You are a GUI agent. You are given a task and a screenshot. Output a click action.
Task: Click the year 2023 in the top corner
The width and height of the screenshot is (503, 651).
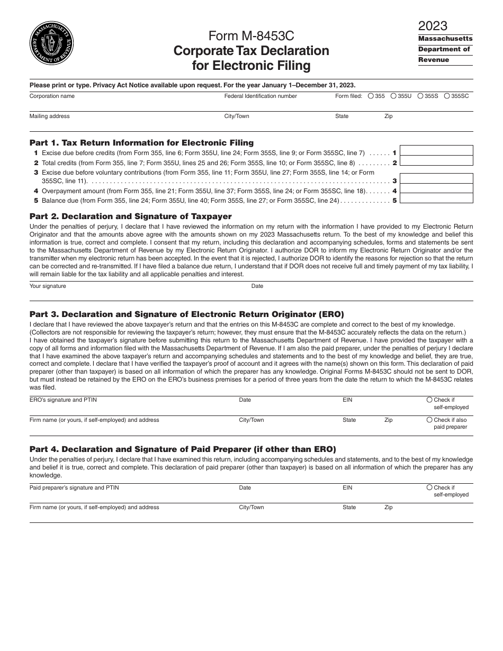[x=433, y=26]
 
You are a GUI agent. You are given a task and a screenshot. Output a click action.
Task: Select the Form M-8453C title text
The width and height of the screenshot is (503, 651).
[x=251, y=36]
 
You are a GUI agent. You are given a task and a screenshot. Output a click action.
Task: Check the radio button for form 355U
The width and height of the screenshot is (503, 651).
[x=394, y=96]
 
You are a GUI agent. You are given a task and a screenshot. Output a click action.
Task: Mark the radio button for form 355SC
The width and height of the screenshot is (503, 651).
[x=447, y=96]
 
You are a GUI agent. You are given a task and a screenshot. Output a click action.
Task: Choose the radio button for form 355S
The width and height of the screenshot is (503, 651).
[x=420, y=96]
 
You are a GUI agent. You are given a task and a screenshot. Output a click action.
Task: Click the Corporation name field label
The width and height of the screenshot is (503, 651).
[x=52, y=96]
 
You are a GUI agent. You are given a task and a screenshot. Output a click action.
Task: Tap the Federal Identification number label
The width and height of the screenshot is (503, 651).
[x=261, y=96]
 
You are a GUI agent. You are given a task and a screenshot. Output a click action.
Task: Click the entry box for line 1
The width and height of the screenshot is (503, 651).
[x=436, y=150]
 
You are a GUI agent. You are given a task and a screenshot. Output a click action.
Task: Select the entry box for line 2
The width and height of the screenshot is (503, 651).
[x=436, y=161]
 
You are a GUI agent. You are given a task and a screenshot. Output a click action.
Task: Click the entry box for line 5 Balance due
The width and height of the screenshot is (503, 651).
[x=436, y=198]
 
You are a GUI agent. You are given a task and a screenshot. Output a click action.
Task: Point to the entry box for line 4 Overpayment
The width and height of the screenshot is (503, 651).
[x=436, y=189]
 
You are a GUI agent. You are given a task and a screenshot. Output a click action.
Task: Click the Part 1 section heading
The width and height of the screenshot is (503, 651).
[x=141, y=143]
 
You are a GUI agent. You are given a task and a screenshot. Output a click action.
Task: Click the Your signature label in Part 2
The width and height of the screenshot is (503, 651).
[x=48, y=286]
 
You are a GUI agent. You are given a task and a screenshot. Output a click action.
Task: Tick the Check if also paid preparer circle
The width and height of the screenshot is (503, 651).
[x=429, y=420]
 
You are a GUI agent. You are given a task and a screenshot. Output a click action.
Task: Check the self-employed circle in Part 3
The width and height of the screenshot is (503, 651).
[x=429, y=400]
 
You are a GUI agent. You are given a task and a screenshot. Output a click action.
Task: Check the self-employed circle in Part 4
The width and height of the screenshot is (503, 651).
[x=429, y=487]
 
